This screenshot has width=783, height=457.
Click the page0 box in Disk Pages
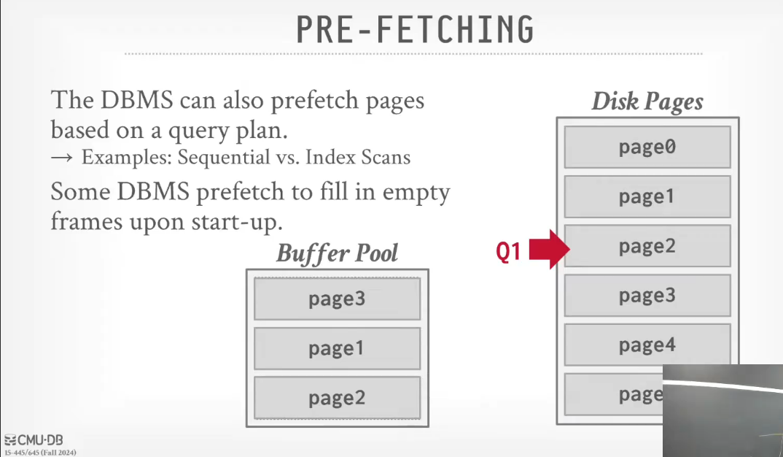[x=647, y=147]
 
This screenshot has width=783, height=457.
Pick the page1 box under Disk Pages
[x=647, y=196]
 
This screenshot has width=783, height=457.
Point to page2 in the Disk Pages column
[x=647, y=246]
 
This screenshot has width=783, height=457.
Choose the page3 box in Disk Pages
[x=647, y=295]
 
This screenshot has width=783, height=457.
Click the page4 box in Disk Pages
[x=647, y=345]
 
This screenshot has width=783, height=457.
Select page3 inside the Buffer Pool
[x=337, y=299]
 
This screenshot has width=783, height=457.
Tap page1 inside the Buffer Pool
[x=337, y=348]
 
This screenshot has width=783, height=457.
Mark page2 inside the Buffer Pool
[x=337, y=398]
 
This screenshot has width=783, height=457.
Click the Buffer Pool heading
[x=337, y=253]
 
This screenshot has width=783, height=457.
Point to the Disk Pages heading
[x=647, y=101]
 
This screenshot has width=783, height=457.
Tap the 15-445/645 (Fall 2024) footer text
[x=39, y=453]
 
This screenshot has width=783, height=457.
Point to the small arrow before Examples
[x=63, y=158]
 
